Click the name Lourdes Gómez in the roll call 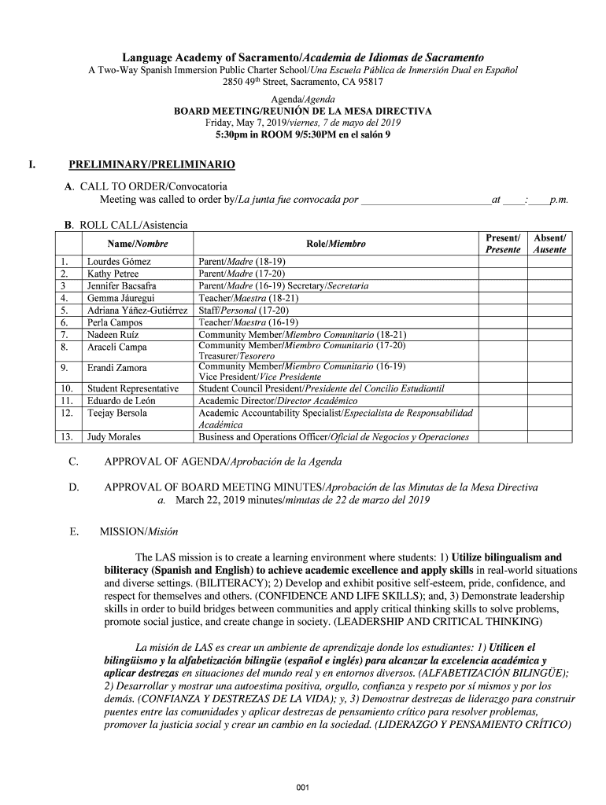(119, 261)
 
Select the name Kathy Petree (113, 274)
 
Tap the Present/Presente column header (503, 244)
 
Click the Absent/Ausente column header (550, 244)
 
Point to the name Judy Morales (113, 437)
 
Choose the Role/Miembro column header (336, 244)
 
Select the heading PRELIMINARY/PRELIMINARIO (151, 166)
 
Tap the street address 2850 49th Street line (303, 82)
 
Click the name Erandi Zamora (116, 367)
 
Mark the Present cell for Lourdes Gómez (503, 261)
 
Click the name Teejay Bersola (117, 413)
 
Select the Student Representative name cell (133, 388)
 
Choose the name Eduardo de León (122, 400)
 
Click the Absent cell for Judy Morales (550, 437)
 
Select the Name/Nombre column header (133, 244)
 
